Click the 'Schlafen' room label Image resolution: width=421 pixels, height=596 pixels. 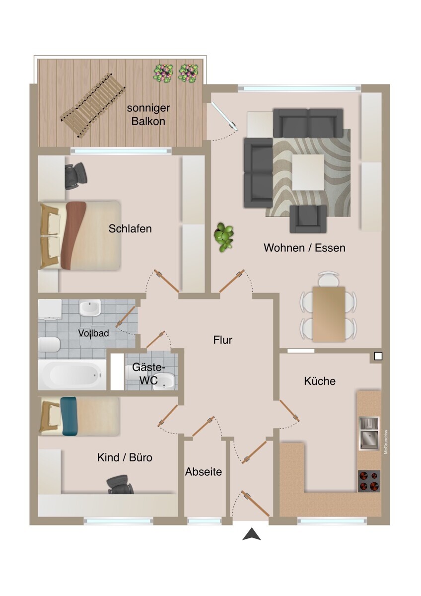coord(130,229)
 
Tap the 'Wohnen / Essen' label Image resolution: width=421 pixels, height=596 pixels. coord(304,247)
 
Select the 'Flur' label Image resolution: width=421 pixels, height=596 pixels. coord(223,340)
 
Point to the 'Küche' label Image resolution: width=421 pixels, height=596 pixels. coord(320,381)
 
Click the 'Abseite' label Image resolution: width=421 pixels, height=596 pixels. coord(204,472)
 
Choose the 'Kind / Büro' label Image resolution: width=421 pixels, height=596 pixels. coord(125,457)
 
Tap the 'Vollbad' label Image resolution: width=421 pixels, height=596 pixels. coord(93,333)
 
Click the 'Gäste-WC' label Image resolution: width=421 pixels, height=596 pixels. coord(147,374)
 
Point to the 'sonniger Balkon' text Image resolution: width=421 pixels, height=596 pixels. coord(148,114)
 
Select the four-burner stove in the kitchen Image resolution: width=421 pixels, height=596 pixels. coord(369,481)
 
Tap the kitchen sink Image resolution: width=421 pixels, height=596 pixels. coord(369,433)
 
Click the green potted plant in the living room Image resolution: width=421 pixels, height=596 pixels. coord(224,237)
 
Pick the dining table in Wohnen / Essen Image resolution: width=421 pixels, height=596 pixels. coord(328,313)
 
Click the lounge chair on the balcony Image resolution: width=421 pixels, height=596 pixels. coord(92,105)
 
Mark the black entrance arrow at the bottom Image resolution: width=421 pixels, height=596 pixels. coord(252,534)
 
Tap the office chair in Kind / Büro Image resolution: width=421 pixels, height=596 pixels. coord(121,484)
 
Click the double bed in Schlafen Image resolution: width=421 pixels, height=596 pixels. coord(80,235)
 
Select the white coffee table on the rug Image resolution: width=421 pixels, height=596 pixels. coord(308,172)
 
